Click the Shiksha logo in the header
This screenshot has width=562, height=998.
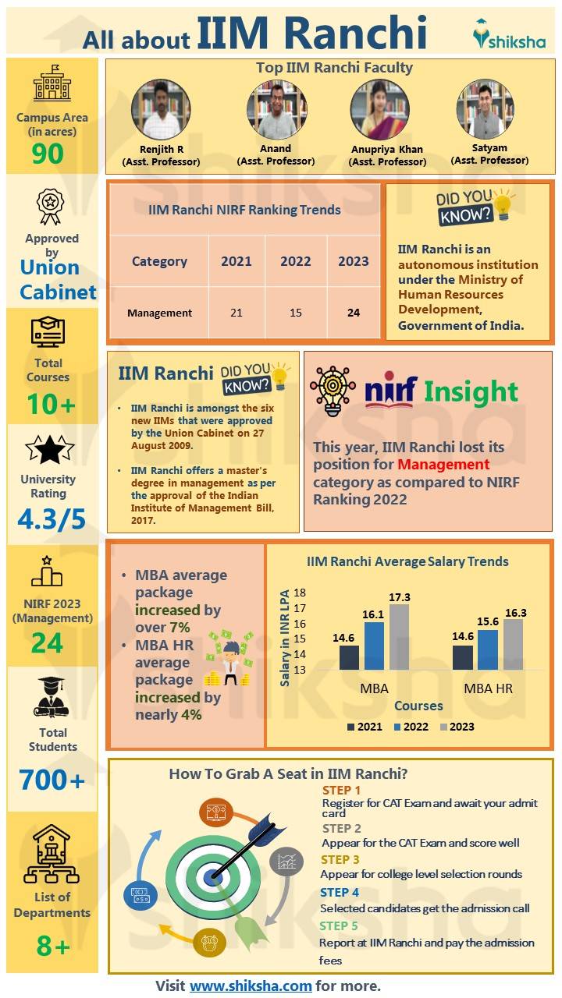coord(510,36)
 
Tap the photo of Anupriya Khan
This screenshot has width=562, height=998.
coord(380,110)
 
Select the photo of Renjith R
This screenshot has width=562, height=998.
coord(161,110)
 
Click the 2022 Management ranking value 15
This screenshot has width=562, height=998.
coord(295,313)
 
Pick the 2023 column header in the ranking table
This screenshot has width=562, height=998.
coord(353,261)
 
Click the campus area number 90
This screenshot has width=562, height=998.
coord(48,154)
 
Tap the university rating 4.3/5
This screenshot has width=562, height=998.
coord(52,519)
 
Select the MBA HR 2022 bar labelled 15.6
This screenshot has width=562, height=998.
coord(488,650)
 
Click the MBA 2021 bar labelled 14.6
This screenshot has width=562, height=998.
coord(349,657)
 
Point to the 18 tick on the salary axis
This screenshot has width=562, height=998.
coord(300,593)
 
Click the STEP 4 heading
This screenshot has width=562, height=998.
coord(340,893)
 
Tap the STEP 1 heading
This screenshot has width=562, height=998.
coord(342,790)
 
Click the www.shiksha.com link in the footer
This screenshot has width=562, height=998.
coord(251,986)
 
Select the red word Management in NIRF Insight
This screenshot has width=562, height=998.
coord(444,465)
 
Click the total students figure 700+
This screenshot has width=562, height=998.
coord(52,780)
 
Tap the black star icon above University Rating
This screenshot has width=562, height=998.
coord(50,450)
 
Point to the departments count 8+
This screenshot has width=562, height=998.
coord(53,946)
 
